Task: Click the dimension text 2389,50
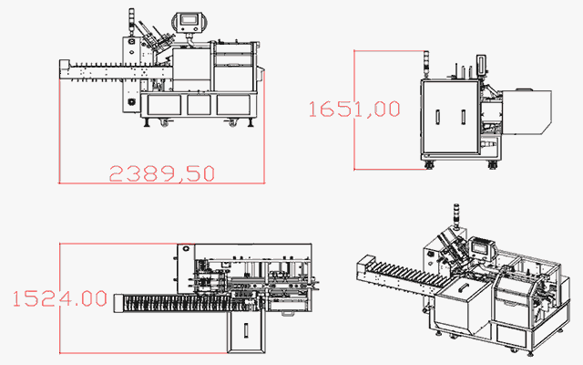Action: pyautogui.click(x=162, y=172)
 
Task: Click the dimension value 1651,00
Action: pyautogui.click(x=354, y=109)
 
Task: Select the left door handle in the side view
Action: pyautogui.click(x=437, y=118)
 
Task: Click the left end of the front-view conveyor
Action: pyautogui.click(x=63, y=71)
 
